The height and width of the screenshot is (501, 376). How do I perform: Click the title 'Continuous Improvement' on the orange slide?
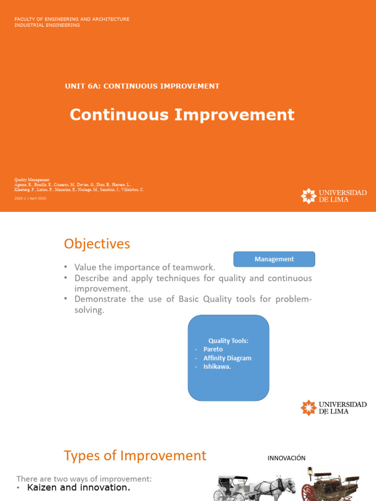[182, 114]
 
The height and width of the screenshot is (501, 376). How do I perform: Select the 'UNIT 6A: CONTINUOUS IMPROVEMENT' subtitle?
[142, 86]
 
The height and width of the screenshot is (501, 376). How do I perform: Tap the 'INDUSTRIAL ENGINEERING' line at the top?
[47, 25]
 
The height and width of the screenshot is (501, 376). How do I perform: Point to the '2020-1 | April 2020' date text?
[30, 198]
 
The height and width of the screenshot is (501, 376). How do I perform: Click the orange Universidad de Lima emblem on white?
[308, 408]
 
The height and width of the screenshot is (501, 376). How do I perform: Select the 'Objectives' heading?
[97, 244]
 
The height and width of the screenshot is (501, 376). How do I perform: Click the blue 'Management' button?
[274, 259]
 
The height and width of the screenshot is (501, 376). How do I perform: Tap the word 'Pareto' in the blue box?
[213, 349]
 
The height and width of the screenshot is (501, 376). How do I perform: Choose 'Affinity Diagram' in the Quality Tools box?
[227, 358]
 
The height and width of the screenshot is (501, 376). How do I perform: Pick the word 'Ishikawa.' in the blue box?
[217, 367]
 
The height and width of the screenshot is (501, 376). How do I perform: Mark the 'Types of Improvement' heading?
[135, 455]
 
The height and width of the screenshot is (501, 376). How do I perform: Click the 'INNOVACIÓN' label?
[286, 458]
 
